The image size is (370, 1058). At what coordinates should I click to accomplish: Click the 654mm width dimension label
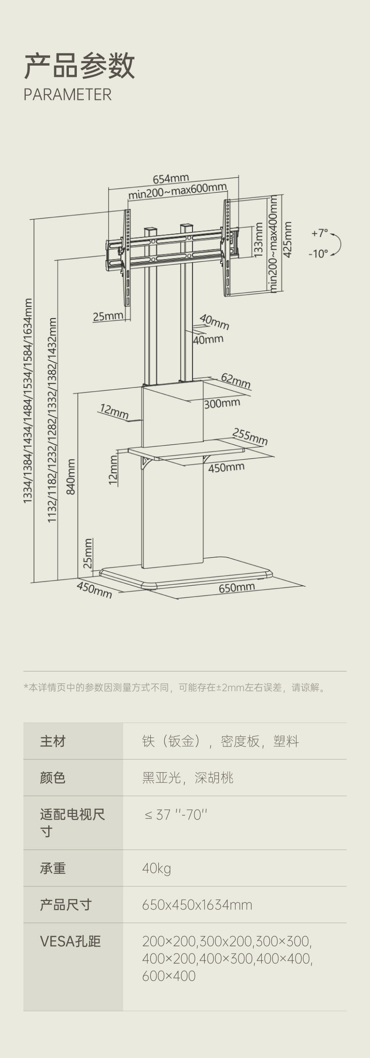(171, 179)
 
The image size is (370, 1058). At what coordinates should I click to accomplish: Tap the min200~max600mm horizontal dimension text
(178, 191)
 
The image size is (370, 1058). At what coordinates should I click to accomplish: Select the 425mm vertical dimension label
(288, 239)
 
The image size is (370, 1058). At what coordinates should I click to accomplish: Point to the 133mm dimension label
(258, 239)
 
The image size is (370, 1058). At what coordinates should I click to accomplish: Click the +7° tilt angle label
(320, 233)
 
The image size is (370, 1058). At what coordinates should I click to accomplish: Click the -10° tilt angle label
(318, 253)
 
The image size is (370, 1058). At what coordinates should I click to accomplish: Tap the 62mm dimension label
(236, 380)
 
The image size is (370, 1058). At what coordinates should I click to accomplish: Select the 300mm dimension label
(222, 403)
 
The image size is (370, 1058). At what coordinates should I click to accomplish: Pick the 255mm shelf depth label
(250, 436)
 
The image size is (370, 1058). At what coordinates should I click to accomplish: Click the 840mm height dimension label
(71, 476)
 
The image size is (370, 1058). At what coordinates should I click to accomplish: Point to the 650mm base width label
(237, 587)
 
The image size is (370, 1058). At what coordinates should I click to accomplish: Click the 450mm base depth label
(95, 590)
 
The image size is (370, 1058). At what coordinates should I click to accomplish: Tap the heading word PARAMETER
(67, 95)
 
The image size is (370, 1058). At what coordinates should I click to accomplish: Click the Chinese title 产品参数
(79, 66)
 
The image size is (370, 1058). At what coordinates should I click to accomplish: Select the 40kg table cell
(156, 868)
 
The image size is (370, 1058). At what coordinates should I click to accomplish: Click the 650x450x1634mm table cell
(197, 905)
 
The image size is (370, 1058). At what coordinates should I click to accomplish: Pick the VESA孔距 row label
(70, 941)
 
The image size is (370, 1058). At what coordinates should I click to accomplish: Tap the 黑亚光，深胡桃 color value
(187, 778)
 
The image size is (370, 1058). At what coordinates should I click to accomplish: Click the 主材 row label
(53, 741)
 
